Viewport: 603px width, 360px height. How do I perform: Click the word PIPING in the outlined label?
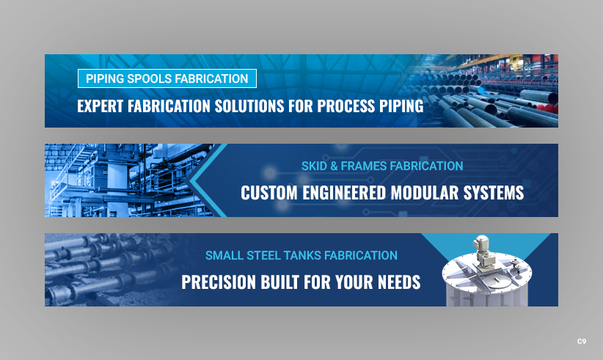103,78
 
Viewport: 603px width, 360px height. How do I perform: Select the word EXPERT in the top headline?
100,106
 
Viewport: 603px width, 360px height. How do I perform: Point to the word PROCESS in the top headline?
346,106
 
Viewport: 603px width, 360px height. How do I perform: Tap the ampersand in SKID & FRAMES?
334,166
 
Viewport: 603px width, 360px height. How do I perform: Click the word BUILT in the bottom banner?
285,282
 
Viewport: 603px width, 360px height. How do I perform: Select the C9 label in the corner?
581,342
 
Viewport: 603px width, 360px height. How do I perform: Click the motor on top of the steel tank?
483,246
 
